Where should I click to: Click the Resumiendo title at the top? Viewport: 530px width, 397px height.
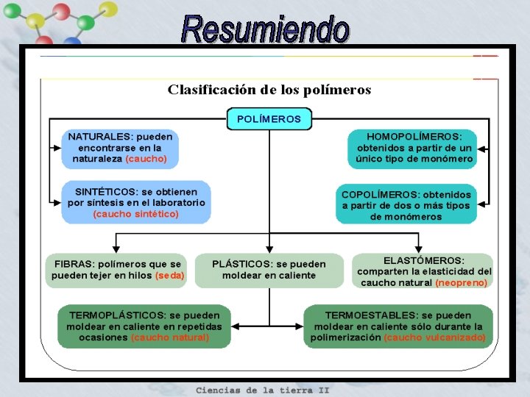point(265,29)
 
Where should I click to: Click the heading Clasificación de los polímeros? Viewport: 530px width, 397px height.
point(269,90)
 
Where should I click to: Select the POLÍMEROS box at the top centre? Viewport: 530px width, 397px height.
point(269,118)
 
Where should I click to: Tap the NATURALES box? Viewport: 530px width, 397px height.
point(121,148)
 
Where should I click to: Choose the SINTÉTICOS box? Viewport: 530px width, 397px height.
point(136,202)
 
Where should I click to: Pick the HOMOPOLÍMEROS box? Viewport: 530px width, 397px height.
point(414,148)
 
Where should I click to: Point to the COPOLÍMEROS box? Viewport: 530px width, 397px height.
point(406,205)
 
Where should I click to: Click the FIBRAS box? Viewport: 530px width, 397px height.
point(117,270)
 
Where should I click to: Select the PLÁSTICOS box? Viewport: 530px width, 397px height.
point(269,270)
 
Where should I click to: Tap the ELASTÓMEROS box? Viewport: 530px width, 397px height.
point(424,271)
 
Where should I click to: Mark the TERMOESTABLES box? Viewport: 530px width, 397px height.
point(398,326)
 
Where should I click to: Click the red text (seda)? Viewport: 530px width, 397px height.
point(170,276)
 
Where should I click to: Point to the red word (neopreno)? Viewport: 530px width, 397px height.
point(462,282)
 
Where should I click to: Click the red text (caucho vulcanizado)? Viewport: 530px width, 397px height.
point(435,337)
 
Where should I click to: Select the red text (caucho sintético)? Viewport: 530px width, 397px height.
point(136,214)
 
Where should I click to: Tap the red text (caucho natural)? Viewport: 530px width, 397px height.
point(170,337)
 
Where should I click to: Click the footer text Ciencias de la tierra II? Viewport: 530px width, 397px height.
point(262,390)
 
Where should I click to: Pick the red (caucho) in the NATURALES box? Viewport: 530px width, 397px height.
point(146,159)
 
